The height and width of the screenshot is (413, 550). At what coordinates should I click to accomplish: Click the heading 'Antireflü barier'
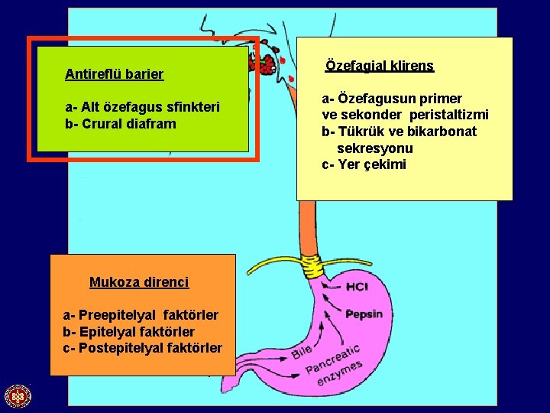tap(115, 75)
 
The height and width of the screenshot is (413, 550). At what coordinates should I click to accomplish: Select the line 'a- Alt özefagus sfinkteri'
tap(143, 107)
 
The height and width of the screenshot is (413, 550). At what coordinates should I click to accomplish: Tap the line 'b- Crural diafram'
tap(121, 124)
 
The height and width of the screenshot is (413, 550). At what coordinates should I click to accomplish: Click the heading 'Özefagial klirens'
tap(380, 66)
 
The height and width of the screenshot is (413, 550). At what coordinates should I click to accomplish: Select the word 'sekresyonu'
tap(375, 148)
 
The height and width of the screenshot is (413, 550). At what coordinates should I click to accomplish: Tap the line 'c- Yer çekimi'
tap(364, 165)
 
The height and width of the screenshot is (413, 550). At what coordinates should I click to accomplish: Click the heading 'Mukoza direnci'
tap(139, 282)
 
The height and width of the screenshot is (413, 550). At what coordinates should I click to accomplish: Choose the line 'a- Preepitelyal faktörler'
tap(141, 315)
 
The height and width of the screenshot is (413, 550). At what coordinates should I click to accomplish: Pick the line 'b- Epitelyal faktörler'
tap(128, 332)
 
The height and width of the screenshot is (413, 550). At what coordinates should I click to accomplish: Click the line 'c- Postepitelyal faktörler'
tap(143, 349)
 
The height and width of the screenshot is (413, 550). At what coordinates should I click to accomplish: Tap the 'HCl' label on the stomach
tap(357, 288)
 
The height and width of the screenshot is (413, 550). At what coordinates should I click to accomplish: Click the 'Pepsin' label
tap(364, 314)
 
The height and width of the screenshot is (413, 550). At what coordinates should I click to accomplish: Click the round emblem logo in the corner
tap(17, 396)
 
